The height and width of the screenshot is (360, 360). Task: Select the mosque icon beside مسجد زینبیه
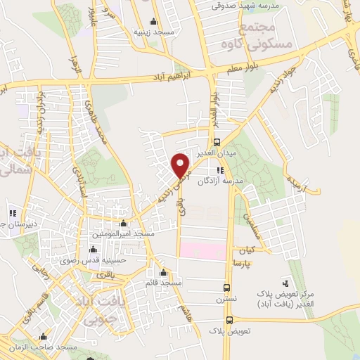coord(154,20)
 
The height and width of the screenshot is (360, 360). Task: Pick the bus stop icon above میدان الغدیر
coord(218,140)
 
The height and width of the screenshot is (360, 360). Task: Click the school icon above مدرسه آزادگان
coord(220,170)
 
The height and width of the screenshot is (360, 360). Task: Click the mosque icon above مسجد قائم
coord(163,272)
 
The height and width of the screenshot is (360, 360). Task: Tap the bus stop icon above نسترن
coord(226,287)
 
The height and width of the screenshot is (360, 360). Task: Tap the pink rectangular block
coord(202,250)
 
